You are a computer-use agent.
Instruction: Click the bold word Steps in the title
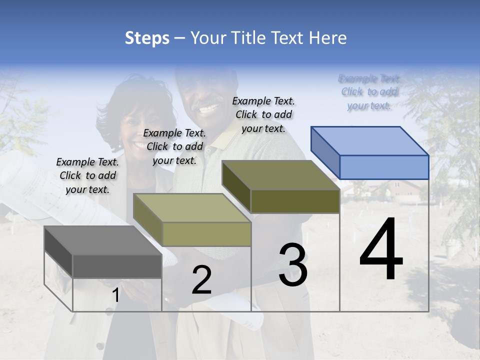pos(147,38)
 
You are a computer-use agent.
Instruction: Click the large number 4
pos(381,250)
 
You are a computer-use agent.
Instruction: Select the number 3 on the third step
pos(293,264)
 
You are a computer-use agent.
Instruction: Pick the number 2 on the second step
pos(201,280)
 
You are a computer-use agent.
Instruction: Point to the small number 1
pos(115,295)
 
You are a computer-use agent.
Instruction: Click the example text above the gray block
pos(87,175)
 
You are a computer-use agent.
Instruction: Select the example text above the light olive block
pos(174,146)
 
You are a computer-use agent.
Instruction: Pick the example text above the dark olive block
pos(263,114)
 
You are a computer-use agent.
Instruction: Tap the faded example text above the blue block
pos(369,91)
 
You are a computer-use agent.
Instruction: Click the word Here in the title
pos(328,38)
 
